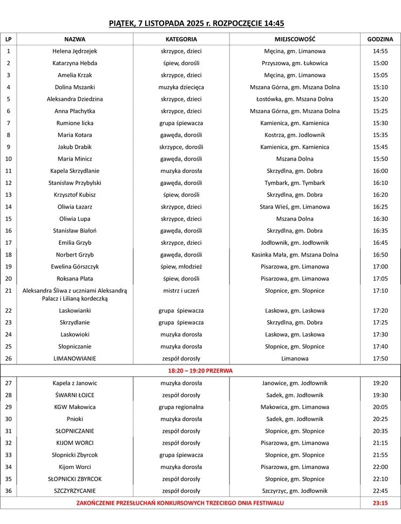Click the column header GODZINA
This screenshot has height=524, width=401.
pos(380,39)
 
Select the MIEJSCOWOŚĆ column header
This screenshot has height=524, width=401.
pos(295,39)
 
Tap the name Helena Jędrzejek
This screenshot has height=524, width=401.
pos(75,51)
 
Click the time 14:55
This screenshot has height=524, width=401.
pos(380,51)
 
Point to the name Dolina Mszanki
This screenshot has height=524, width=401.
pos(75,87)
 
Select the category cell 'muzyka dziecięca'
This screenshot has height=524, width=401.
pos(181,87)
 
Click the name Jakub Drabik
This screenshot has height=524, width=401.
pos(75,147)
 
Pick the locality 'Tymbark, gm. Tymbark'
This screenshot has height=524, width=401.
pos(295,183)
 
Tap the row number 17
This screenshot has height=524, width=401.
pos(8,243)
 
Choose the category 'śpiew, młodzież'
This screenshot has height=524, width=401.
pos(181,267)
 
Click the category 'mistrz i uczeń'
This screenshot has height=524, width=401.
pos(181,291)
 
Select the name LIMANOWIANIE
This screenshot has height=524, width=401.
pos(75,358)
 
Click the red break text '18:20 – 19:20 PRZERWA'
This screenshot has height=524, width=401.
pos(201,371)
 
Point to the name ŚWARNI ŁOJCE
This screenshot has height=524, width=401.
pos(75,395)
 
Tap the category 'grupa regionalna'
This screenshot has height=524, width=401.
pos(181,407)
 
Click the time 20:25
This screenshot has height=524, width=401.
pos(380,419)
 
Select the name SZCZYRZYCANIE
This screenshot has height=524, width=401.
pos(75,491)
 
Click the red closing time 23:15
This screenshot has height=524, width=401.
pos(380,503)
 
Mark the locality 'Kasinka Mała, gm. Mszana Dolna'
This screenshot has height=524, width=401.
pos(295,254)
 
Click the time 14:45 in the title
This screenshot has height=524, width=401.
pos(273,23)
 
